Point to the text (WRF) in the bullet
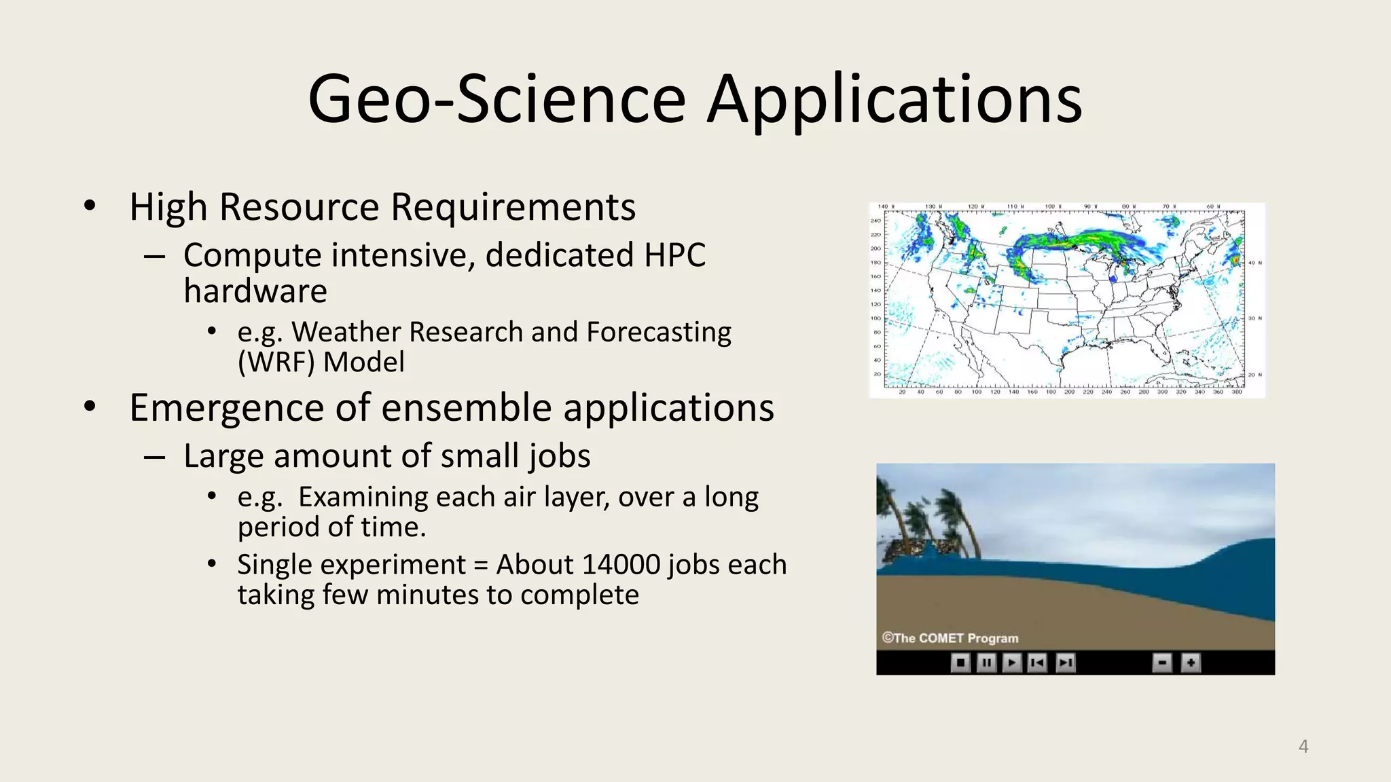(x=276, y=362)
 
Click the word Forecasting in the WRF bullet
(x=658, y=333)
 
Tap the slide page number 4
(x=1303, y=747)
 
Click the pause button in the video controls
(x=986, y=662)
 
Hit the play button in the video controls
(x=1012, y=662)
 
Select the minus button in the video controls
(x=1162, y=662)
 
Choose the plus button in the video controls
(x=1191, y=662)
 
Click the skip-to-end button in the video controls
(x=1065, y=662)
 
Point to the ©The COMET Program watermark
(x=950, y=638)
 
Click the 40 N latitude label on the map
(x=1254, y=263)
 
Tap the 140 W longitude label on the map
(x=886, y=206)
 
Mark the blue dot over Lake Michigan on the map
(x=1113, y=278)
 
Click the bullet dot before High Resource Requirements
(x=90, y=206)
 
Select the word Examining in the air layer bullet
(x=363, y=498)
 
